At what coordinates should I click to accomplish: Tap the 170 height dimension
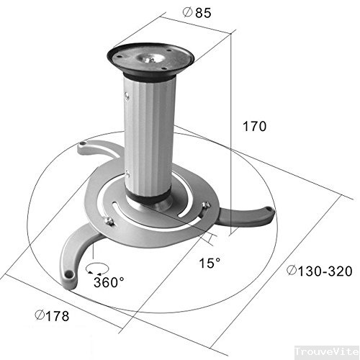[x=255, y=126]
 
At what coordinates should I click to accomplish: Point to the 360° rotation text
[x=109, y=282]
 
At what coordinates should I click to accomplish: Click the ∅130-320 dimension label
[x=319, y=272]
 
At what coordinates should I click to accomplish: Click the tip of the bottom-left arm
[x=69, y=273]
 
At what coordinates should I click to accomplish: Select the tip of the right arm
[x=267, y=211]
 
